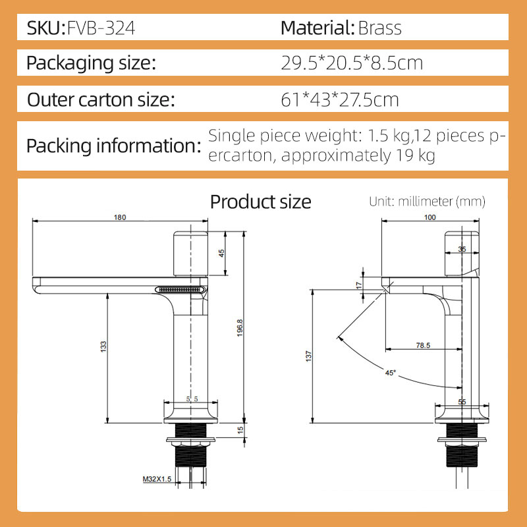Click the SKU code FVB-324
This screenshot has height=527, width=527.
click(x=101, y=28)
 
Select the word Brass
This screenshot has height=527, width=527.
click(x=380, y=28)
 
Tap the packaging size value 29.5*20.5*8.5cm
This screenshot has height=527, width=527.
click(x=352, y=63)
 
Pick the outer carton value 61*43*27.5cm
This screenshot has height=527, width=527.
click(x=340, y=99)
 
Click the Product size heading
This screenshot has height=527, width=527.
click(x=260, y=202)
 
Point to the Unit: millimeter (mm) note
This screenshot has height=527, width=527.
click(x=427, y=202)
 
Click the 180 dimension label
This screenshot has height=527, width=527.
click(x=120, y=217)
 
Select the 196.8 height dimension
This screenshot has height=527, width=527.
click(x=240, y=327)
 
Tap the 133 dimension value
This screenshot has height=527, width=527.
click(x=103, y=347)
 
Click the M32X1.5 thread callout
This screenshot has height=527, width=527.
click(x=157, y=479)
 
